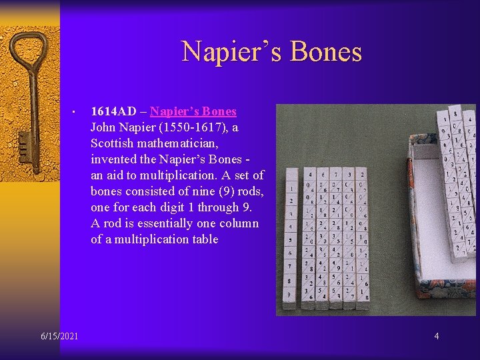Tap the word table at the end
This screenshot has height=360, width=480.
[x=204, y=239]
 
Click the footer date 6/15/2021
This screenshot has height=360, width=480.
[x=59, y=336]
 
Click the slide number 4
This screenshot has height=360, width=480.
[x=437, y=336]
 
